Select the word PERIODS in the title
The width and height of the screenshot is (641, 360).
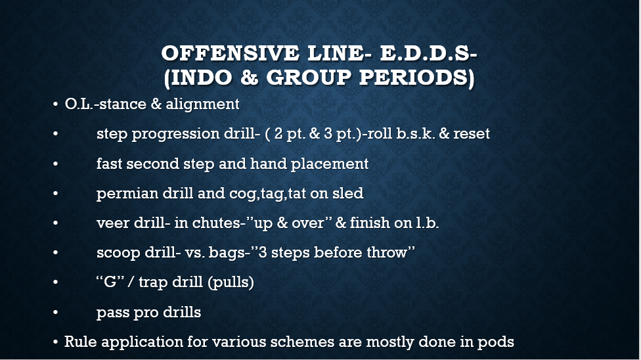point(414,78)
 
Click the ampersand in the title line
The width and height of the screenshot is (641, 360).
point(249,78)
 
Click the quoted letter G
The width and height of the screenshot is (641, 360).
point(110,282)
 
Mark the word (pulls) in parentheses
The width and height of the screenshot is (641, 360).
point(231,282)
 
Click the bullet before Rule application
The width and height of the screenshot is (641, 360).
point(55,342)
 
